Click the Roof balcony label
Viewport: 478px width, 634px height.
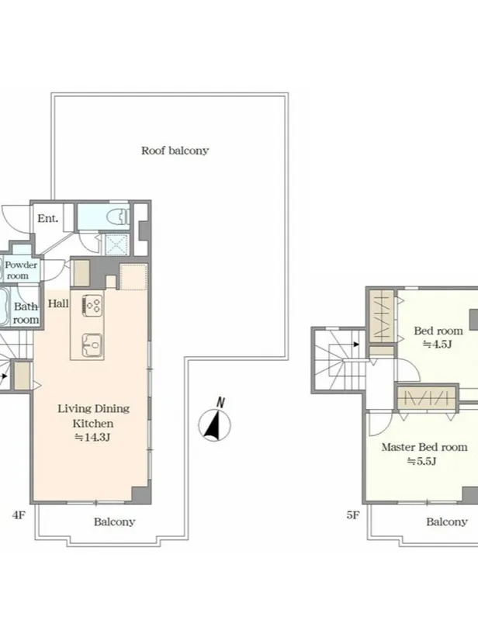point(175,151)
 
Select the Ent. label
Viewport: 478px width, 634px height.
point(47,218)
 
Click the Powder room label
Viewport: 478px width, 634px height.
point(21,270)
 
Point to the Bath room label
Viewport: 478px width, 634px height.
point(26,313)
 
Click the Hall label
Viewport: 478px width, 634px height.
point(58,303)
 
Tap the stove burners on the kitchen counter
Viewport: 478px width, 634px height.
point(92,305)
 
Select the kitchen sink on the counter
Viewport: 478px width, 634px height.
point(92,345)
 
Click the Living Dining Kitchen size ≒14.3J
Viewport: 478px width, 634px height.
point(92,437)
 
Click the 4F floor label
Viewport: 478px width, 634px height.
point(19,515)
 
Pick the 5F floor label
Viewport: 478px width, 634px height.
point(352,515)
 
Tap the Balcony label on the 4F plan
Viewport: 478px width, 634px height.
point(114,521)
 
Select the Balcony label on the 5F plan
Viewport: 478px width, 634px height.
point(447,521)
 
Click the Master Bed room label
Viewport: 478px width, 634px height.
point(424,447)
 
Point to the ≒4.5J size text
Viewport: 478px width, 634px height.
point(437,345)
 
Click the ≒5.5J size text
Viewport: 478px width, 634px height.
point(421,461)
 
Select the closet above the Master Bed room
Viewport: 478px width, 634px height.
point(428,397)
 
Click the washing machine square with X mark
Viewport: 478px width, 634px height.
point(117,244)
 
